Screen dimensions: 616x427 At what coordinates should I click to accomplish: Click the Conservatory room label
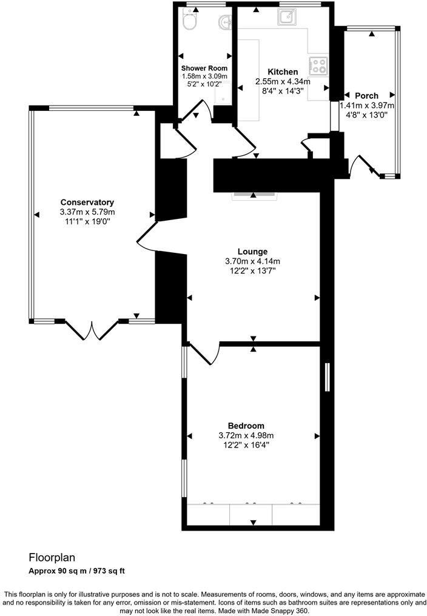87,203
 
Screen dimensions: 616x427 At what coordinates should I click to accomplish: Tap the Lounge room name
252,252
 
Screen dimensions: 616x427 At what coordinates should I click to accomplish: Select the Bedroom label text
246,426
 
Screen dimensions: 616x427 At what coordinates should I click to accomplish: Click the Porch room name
366,96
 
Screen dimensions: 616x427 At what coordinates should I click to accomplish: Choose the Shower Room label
204,68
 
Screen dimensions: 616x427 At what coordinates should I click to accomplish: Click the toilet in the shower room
189,22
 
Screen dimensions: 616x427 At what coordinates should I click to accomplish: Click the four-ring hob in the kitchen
318,64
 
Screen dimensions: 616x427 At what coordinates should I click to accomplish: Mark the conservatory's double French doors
92,330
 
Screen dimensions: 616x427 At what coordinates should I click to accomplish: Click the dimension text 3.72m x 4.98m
246,435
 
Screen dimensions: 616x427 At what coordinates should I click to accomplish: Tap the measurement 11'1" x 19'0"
87,222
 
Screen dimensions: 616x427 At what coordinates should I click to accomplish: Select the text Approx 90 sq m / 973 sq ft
76,571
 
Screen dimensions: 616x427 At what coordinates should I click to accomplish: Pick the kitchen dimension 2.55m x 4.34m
283,82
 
